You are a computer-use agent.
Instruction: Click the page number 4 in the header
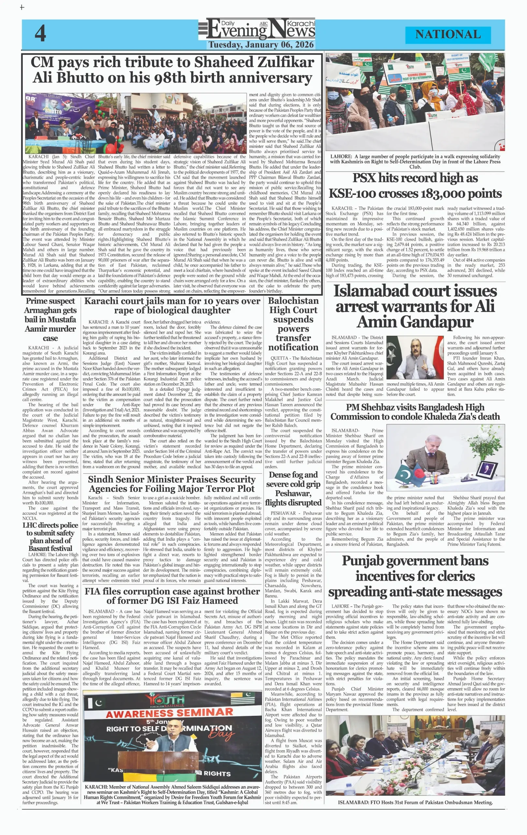click(40, 34)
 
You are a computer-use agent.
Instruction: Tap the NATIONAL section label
click(448, 34)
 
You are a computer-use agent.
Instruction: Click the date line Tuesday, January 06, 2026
click(261, 45)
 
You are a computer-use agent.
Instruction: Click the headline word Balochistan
click(293, 301)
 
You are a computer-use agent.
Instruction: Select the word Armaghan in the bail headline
click(50, 310)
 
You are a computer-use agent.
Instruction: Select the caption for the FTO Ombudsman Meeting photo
click(415, 802)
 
